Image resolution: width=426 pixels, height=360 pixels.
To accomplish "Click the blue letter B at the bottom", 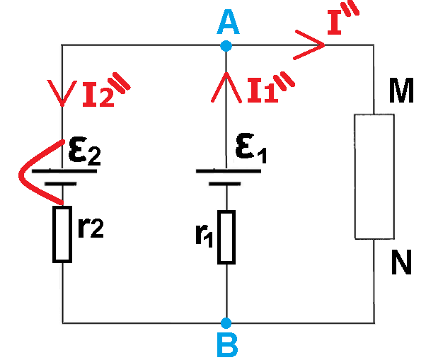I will click(226, 345).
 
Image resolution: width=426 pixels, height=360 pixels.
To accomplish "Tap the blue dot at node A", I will click(226, 46).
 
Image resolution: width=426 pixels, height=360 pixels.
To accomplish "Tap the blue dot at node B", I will click(226, 322).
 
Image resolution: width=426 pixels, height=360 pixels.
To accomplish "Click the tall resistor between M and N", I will click(374, 175).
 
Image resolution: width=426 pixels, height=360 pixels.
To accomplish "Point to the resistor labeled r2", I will click(63, 233).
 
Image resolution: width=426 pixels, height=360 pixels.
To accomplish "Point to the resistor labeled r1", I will click(225, 236).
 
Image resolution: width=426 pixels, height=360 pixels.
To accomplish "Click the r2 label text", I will click(90, 230).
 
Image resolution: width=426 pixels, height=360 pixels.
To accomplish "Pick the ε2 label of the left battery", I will click(84, 151).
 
